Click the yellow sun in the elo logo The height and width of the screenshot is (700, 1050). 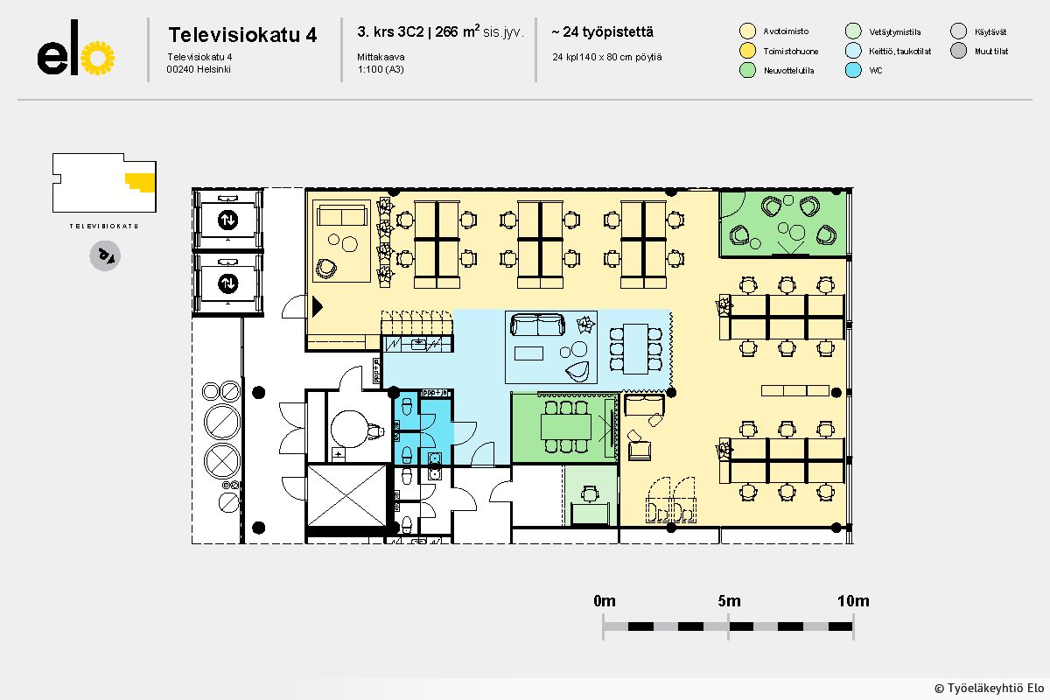98,58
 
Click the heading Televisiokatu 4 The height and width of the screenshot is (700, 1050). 242,35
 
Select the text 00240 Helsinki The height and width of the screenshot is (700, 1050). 199,69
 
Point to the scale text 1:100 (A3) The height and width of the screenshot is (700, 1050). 381,69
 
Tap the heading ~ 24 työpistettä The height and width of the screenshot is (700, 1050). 602,31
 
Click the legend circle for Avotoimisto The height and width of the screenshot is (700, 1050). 747,31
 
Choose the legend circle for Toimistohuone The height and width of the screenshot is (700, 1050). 747,51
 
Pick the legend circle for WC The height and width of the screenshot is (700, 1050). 853,70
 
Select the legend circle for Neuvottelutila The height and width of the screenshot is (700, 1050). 747,70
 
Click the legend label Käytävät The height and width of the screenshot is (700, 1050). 990,31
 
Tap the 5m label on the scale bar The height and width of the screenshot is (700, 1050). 729,600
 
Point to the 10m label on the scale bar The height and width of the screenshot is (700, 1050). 853,600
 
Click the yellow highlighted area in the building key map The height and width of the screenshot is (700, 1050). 141,181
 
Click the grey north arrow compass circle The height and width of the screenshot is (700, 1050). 105,255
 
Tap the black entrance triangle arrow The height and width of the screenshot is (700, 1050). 318,307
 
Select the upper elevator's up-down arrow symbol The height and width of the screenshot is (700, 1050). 227,220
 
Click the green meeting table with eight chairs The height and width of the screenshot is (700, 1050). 566,427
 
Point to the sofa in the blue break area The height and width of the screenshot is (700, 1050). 537,325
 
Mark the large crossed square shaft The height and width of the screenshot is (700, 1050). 346,495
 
